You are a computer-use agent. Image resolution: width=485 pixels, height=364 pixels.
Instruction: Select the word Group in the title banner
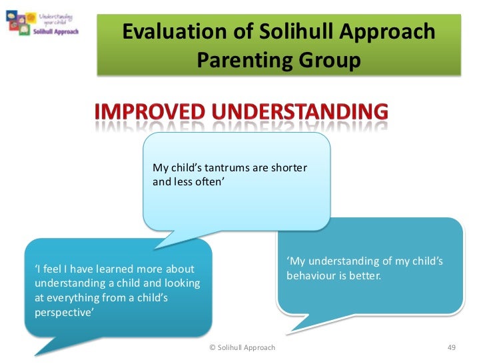(x=328, y=61)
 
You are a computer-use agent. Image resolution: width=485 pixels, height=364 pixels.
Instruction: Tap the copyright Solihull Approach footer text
(x=242, y=347)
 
